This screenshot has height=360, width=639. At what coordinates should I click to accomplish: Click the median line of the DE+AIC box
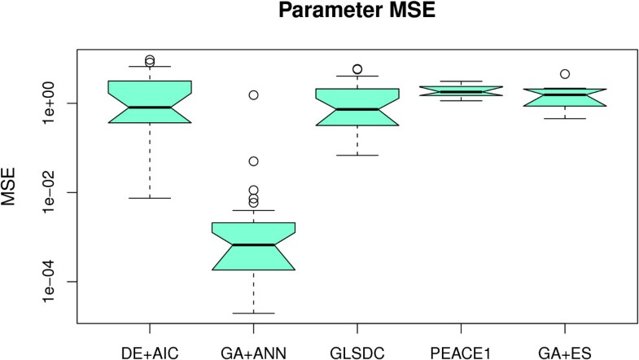(x=150, y=107)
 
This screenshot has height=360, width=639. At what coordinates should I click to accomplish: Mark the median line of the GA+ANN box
(x=253, y=244)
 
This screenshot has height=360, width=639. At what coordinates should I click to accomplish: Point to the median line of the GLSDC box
(x=357, y=108)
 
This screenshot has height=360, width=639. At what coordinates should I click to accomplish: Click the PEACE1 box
(x=461, y=91)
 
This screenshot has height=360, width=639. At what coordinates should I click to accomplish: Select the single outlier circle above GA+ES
(x=564, y=74)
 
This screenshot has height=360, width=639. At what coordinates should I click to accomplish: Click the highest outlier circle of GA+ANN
(x=253, y=95)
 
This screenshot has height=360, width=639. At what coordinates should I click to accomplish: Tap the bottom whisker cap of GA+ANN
(x=253, y=313)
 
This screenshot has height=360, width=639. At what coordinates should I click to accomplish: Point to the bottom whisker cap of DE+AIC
(x=150, y=198)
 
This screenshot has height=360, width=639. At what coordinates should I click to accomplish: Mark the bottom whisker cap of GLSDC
(x=357, y=155)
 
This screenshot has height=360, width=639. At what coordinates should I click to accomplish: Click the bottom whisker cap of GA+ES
(x=564, y=118)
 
